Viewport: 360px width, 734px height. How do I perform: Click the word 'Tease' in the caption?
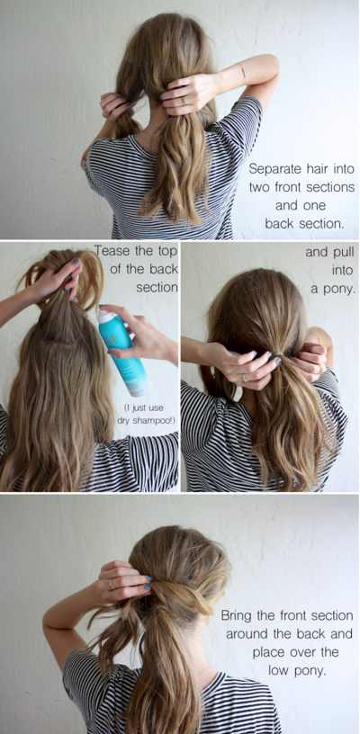112,251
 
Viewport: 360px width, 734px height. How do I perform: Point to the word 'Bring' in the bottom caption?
241,616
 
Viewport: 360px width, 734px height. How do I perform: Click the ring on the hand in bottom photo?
112,584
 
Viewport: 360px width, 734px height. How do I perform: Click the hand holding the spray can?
148,338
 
